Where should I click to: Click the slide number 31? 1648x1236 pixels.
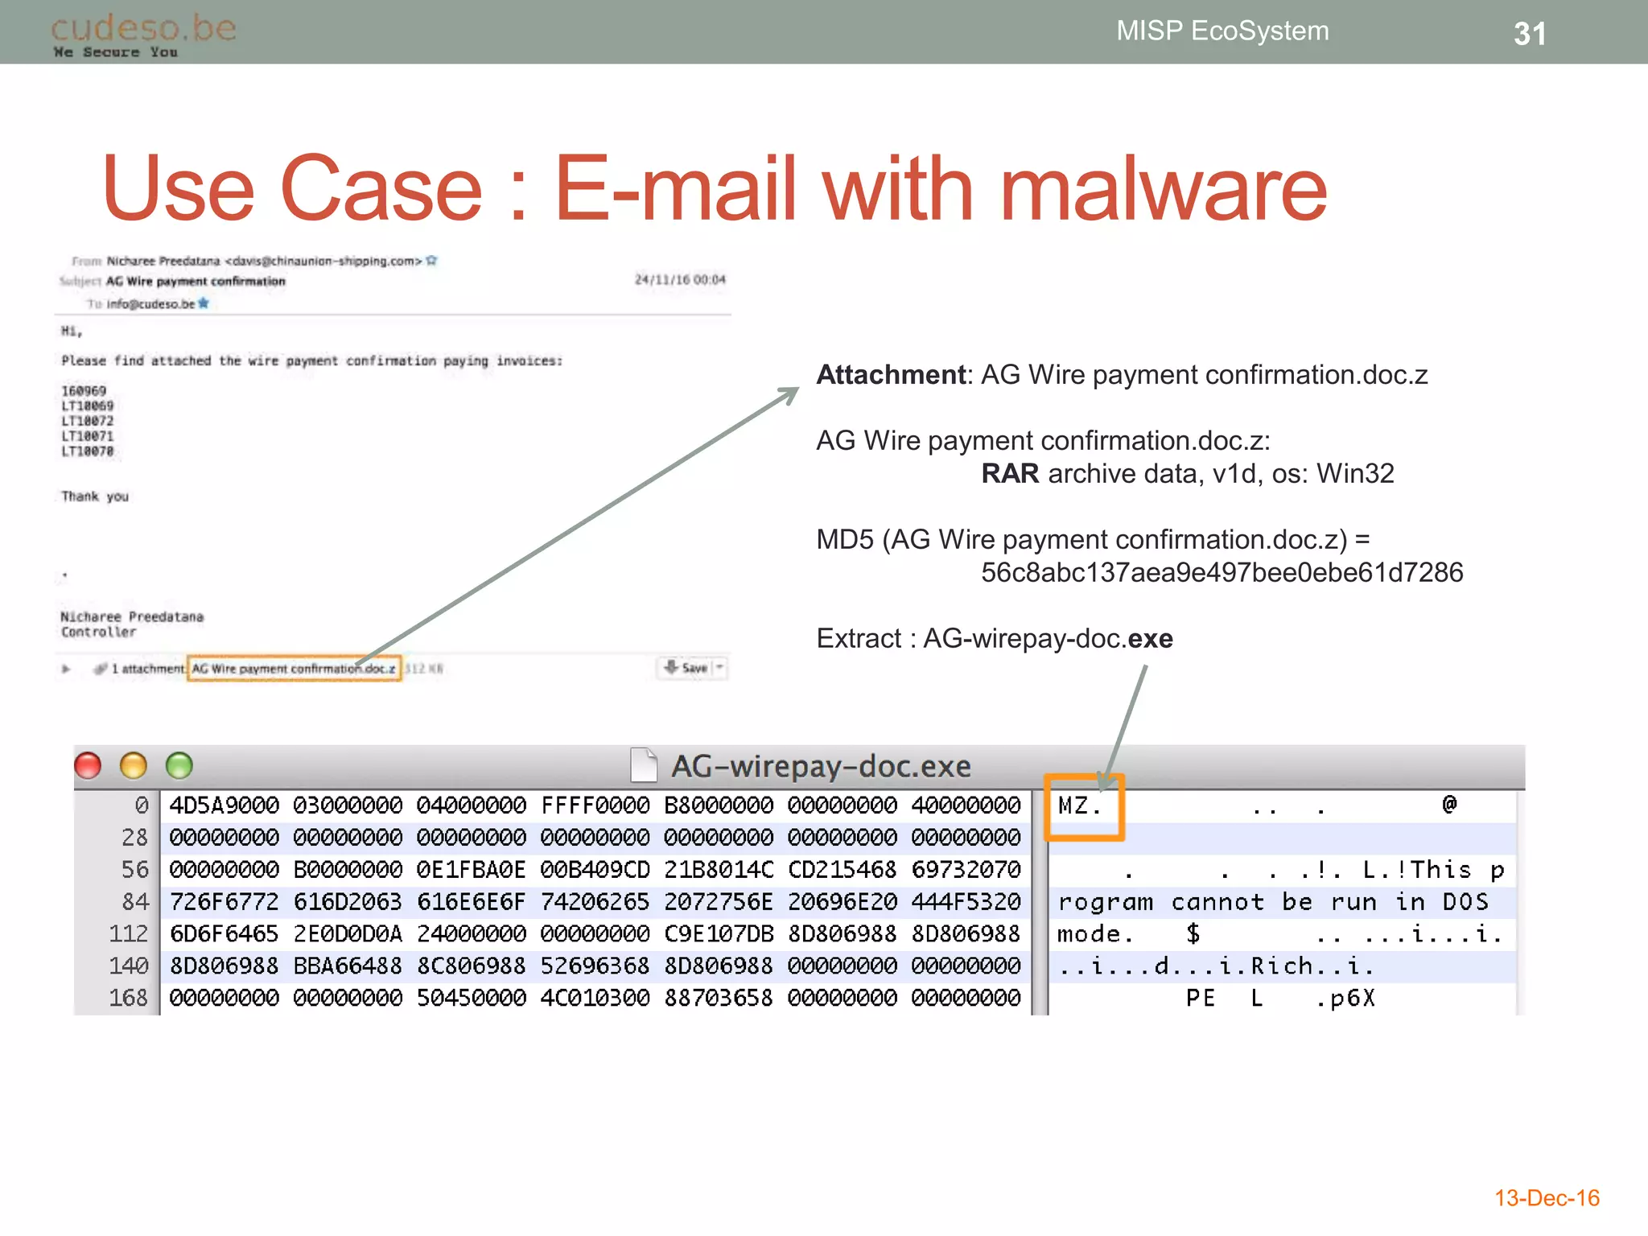pyautogui.click(x=1529, y=34)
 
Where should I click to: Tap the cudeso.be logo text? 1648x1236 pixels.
pyautogui.click(x=143, y=28)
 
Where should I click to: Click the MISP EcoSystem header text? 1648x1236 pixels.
pyautogui.click(x=1222, y=31)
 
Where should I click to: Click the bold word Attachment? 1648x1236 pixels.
pyautogui.click(x=890, y=375)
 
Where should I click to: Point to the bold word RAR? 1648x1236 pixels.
pyautogui.click(x=1010, y=474)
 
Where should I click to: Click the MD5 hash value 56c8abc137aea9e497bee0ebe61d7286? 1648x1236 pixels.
pyautogui.click(x=1221, y=573)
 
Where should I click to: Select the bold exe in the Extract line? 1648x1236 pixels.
pyautogui.click(x=1150, y=639)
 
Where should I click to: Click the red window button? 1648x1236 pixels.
pyautogui.click(x=88, y=765)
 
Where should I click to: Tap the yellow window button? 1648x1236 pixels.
pyautogui.click(x=134, y=765)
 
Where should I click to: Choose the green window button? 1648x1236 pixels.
pyautogui.click(x=179, y=765)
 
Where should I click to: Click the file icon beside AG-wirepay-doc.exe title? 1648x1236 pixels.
pyautogui.click(x=644, y=765)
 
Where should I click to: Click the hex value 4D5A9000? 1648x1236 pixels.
pyautogui.click(x=224, y=805)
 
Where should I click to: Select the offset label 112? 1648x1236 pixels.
pyautogui.click(x=129, y=934)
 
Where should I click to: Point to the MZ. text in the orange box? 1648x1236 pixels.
pyautogui.click(x=1079, y=805)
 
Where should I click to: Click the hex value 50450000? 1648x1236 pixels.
pyautogui.click(x=471, y=999)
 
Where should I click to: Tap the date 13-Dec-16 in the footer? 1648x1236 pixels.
pyautogui.click(x=1547, y=1198)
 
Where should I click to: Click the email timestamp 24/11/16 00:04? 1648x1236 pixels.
pyautogui.click(x=680, y=280)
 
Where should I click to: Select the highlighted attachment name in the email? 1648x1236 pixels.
pyautogui.click(x=294, y=669)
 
